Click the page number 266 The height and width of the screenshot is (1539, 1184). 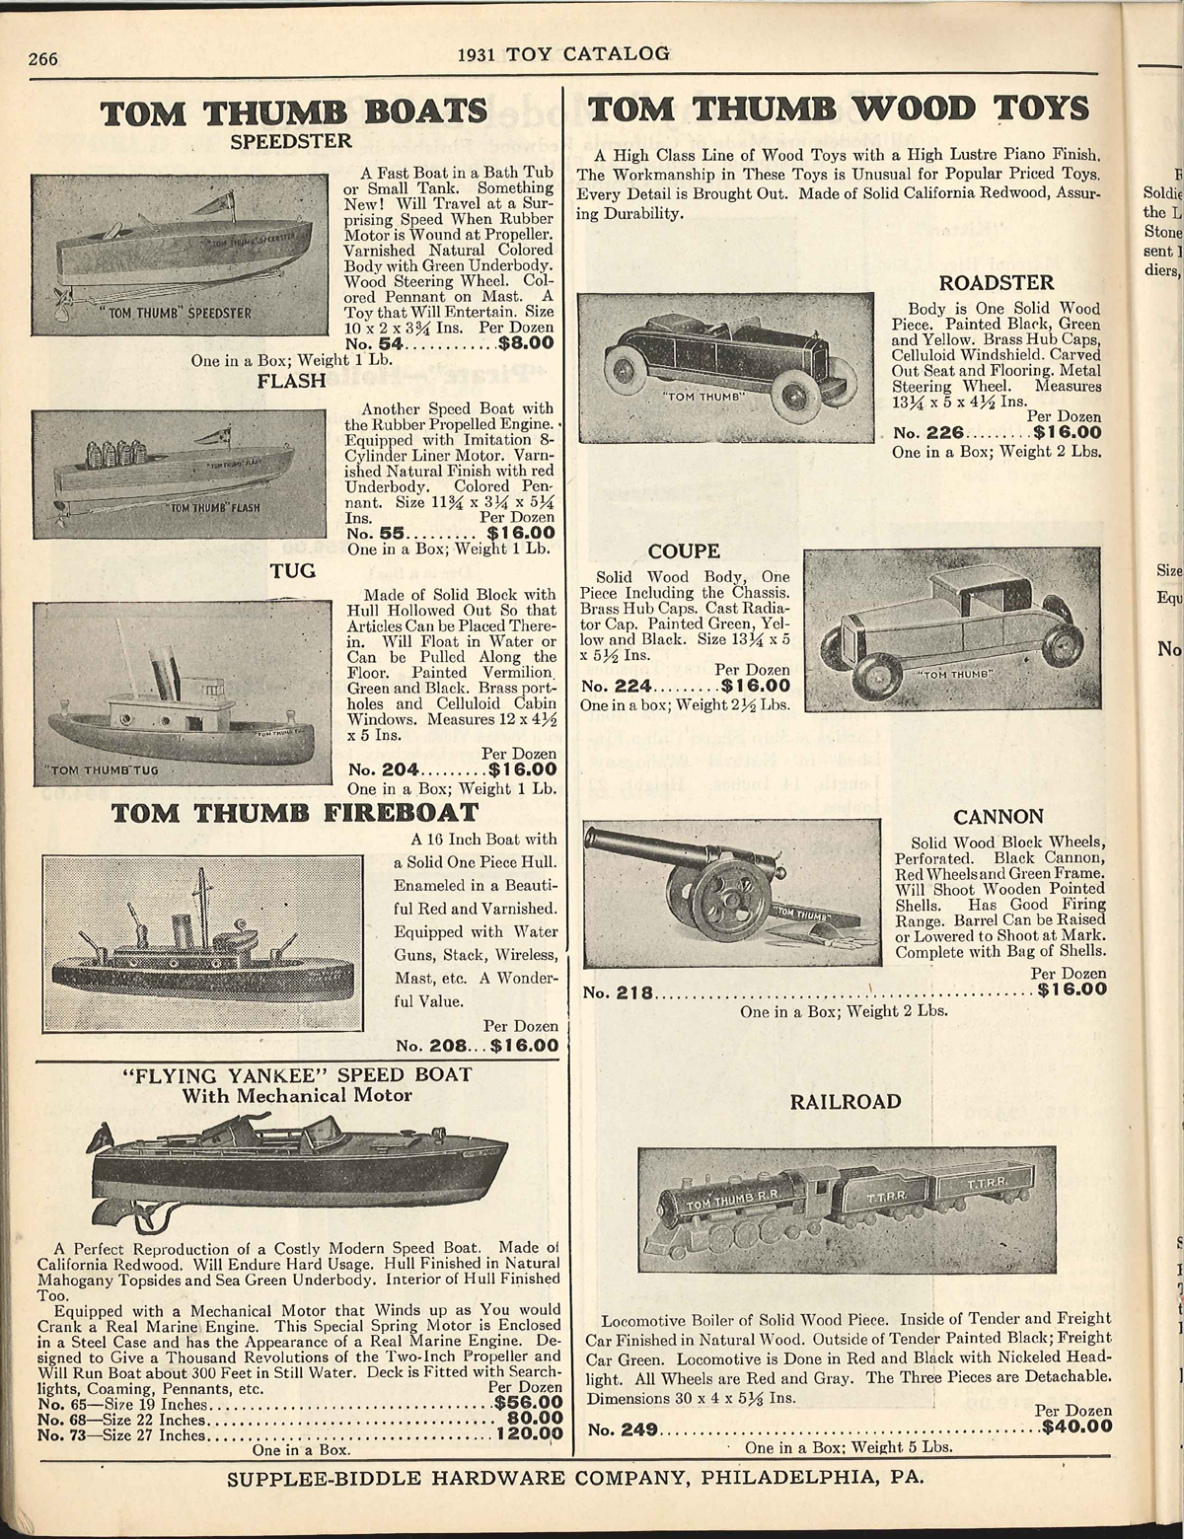coord(44,58)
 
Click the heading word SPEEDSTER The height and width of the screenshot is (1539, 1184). coord(290,141)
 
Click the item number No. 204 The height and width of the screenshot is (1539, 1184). coord(386,769)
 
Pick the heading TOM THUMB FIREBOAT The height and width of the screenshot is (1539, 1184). coord(294,813)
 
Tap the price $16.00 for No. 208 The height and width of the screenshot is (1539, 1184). coord(525,1045)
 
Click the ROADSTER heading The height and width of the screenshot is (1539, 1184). coord(997,284)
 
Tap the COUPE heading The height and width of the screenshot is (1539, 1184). coord(684,550)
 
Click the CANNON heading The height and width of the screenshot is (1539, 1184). coord(999,816)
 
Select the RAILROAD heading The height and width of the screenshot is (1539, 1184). coord(846,1101)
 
